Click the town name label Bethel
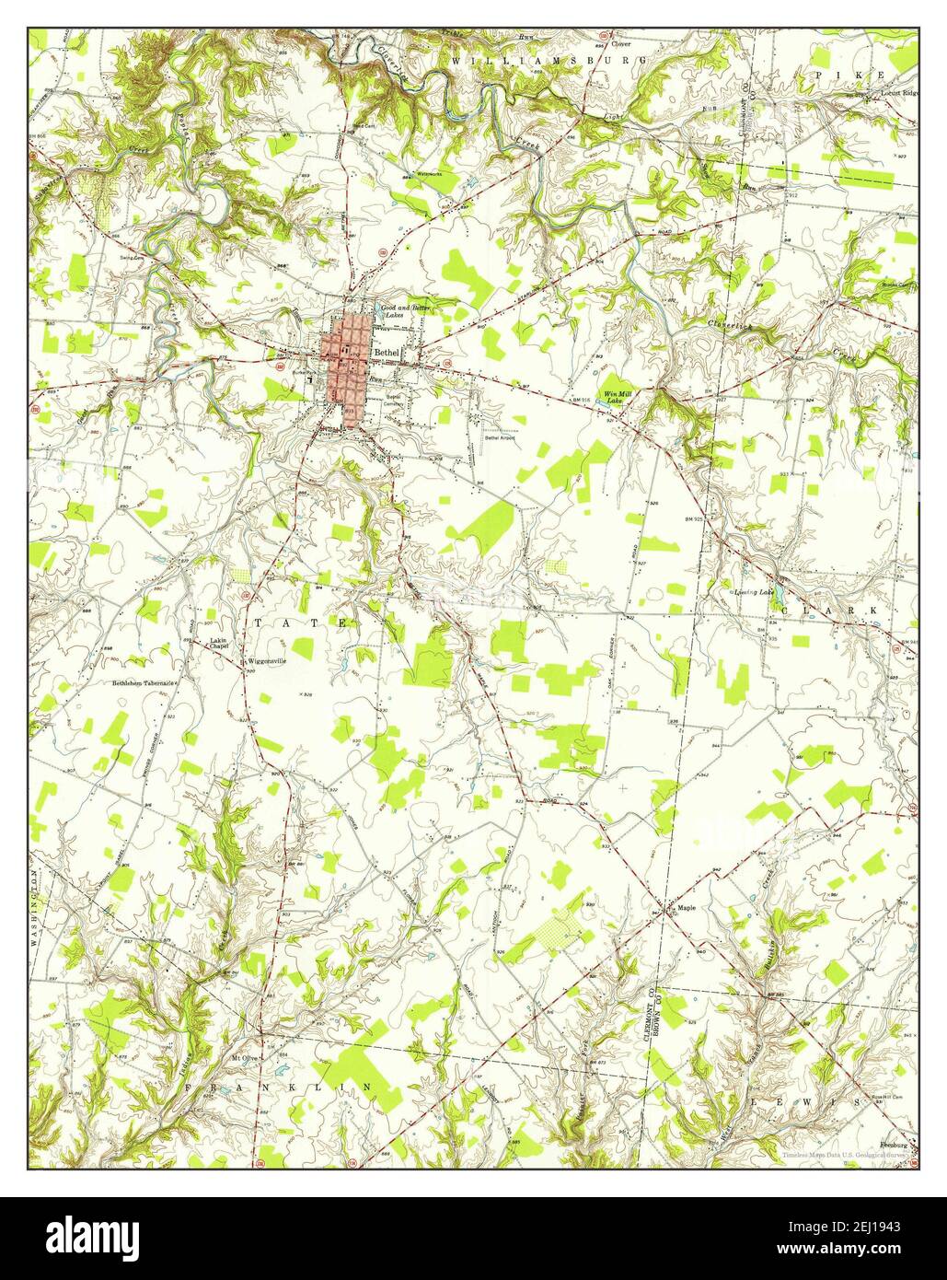pos(387,353)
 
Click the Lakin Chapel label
pos(218,643)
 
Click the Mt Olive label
pos(244,1058)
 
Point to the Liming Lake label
pos(753,592)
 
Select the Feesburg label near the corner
pos(893,1146)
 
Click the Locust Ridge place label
pos(900,94)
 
